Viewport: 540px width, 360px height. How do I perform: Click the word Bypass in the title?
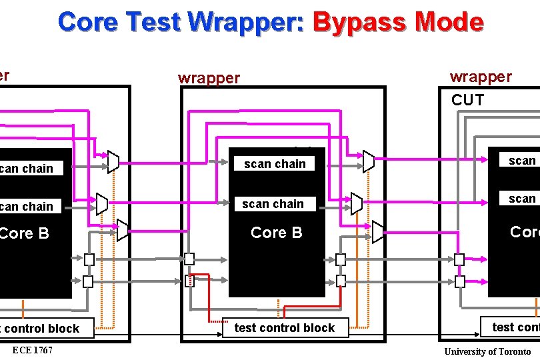[x=359, y=22]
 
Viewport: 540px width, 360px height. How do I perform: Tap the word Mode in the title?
[x=449, y=22]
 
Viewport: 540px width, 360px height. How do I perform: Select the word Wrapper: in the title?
[x=245, y=22]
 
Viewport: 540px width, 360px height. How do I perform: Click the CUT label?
[x=467, y=100]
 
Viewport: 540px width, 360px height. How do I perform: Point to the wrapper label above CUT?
[x=481, y=77]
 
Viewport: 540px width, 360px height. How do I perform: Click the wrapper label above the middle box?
[x=209, y=78]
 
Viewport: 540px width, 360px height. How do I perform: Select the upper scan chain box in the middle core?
[x=275, y=163]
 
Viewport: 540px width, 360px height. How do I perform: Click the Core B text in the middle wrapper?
[x=276, y=232]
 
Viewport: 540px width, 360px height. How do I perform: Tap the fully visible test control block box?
[x=285, y=328]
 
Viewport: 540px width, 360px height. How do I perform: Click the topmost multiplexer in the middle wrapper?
[x=369, y=161]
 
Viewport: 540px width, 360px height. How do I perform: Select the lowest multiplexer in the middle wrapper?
[x=378, y=232]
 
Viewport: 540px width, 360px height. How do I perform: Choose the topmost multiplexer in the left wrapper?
[x=113, y=161]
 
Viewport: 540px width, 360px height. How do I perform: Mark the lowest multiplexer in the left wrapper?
[x=123, y=230]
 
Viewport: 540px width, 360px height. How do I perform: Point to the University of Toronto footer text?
[x=487, y=351]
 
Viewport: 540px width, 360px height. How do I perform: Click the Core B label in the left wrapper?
[x=24, y=233]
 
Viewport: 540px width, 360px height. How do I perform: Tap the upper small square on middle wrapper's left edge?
[x=189, y=259]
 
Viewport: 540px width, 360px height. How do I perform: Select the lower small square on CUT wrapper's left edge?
[x=459, y=281]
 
